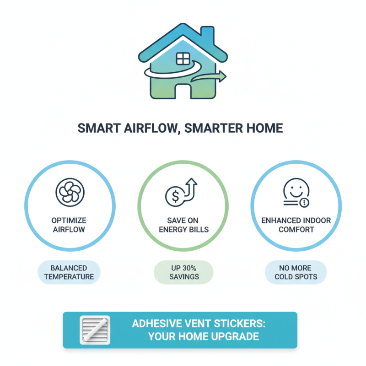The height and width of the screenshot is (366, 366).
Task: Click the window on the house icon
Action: tap(183, 59)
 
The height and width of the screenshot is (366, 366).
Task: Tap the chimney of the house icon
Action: tap(207, 36)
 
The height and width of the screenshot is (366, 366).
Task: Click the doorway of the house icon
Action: tap(183, 91)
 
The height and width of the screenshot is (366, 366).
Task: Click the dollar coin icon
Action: tap(173, 196)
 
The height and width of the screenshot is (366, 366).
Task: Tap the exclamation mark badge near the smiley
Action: tap(305, 202)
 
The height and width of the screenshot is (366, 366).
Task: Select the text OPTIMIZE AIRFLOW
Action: tap(70, 225)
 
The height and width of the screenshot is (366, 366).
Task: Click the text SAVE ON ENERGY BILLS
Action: tap(183, 225)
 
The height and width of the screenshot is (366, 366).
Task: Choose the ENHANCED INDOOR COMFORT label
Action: tap(296, 225)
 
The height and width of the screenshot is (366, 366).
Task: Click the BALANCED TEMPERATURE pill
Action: tap(69, 272)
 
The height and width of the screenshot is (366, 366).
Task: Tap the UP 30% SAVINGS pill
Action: tap(183, 272)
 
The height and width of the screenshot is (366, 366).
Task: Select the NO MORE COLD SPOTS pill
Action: tap(296, 272)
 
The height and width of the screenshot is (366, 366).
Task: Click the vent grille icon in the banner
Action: tap(95, 330)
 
